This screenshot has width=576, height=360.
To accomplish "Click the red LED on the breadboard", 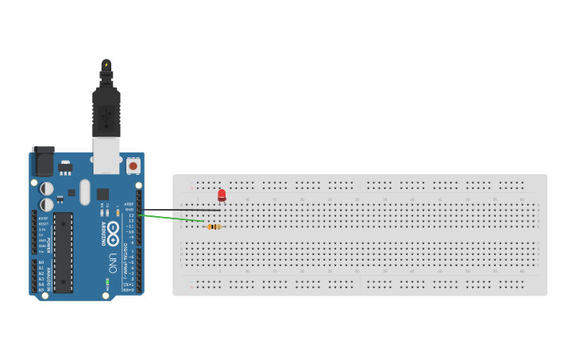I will [x=222, y=195].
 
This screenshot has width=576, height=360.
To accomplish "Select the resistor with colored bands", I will [x=214, y=226].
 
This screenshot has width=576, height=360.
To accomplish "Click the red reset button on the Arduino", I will [x=133, y=166].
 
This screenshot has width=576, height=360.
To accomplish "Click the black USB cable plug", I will [x=106, y=111].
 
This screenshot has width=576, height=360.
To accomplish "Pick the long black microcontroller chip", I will [x=64, y=251].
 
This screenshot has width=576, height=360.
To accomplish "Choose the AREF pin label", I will [x=130, y=204].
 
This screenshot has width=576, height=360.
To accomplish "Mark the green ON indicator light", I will [x=106, y=281].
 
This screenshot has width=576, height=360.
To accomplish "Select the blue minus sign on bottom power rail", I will [x=191, y=287].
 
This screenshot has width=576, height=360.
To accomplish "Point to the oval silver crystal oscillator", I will [x=84, y=192].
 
